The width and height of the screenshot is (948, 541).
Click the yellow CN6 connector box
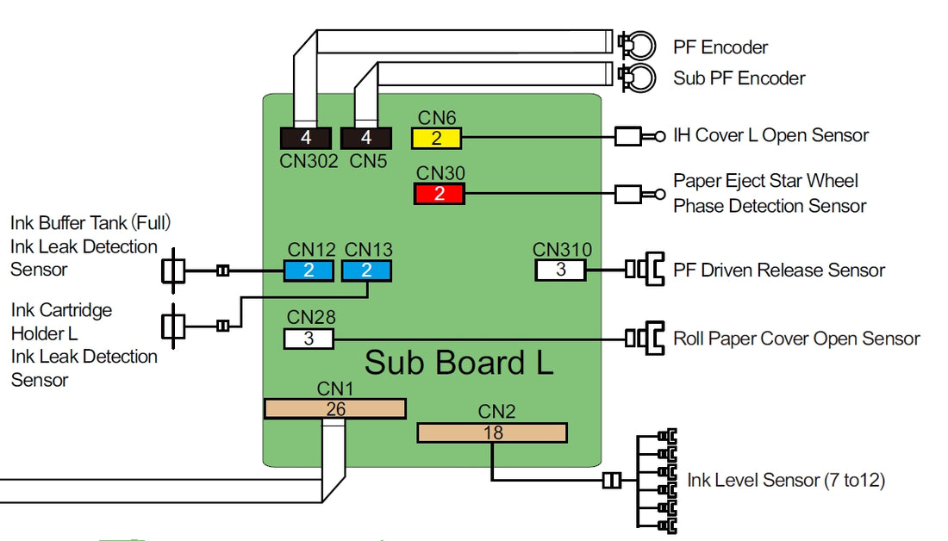[437, 139]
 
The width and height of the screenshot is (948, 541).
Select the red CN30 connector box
[439, 194]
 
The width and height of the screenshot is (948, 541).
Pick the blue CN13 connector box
[366, 270]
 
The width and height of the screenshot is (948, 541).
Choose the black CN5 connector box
[366, 138]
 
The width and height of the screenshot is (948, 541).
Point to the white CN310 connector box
[560, 270]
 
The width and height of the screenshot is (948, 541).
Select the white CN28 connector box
[309, 339]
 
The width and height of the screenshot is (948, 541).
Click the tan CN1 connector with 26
[334, 408]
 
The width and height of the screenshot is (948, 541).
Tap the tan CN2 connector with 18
[492, 432]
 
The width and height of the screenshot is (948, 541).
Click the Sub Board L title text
[458, 363]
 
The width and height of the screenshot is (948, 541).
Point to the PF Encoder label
[720, 47]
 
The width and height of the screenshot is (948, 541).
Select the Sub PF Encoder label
[739, 78]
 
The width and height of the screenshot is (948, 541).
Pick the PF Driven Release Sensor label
[779, 270]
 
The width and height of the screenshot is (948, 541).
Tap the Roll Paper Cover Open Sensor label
[796, 339]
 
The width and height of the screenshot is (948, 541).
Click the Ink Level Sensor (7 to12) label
[786, 480]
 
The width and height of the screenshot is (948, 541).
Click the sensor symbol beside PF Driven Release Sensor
[645, 270]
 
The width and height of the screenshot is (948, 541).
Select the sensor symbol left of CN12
[174, 270]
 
